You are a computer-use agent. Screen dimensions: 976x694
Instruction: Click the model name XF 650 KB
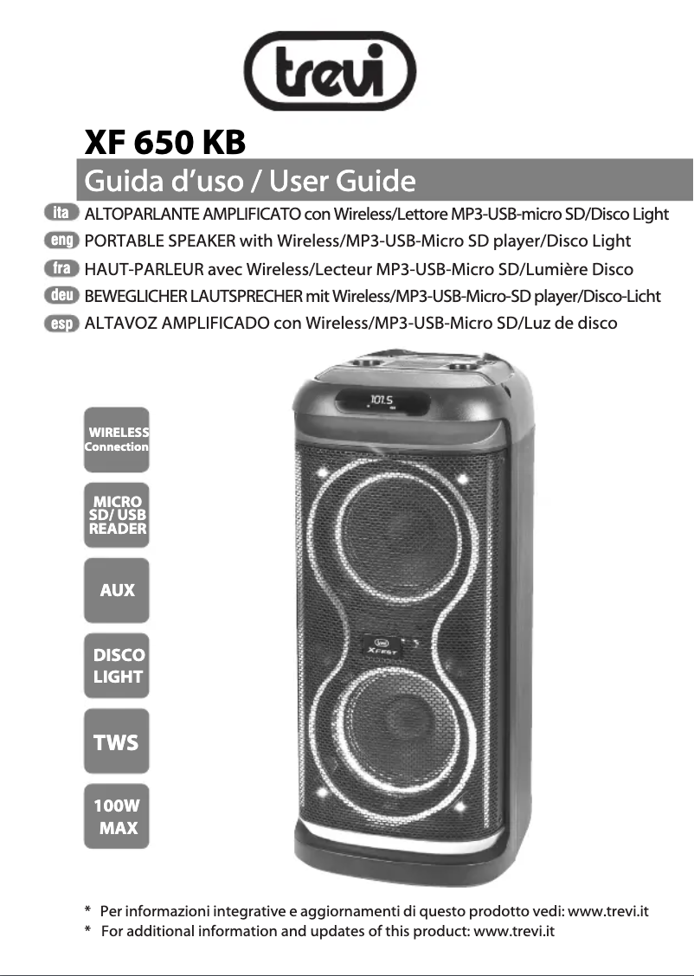click(164, 142)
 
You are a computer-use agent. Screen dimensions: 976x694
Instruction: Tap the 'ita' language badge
click(61, 212)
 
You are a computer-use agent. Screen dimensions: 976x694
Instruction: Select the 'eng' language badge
click(61, 240)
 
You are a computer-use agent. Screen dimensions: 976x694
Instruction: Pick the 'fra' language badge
click(61, 268)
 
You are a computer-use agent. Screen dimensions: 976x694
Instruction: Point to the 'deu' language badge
click(61, 296)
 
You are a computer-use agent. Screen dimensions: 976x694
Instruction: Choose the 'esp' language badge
click(61, 324)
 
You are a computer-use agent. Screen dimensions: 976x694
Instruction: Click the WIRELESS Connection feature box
click(117, 440)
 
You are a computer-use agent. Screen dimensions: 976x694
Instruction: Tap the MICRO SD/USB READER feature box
click(117, 515)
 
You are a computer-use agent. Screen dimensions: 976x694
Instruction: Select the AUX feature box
click(117, 590)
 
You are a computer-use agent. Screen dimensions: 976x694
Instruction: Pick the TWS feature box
click(117, 742)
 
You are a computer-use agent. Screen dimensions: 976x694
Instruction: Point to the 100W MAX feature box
click(117, 817)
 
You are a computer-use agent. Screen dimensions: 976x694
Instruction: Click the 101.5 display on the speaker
click(382, 400)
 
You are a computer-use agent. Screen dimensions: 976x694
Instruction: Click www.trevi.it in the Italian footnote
click(608, 911)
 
